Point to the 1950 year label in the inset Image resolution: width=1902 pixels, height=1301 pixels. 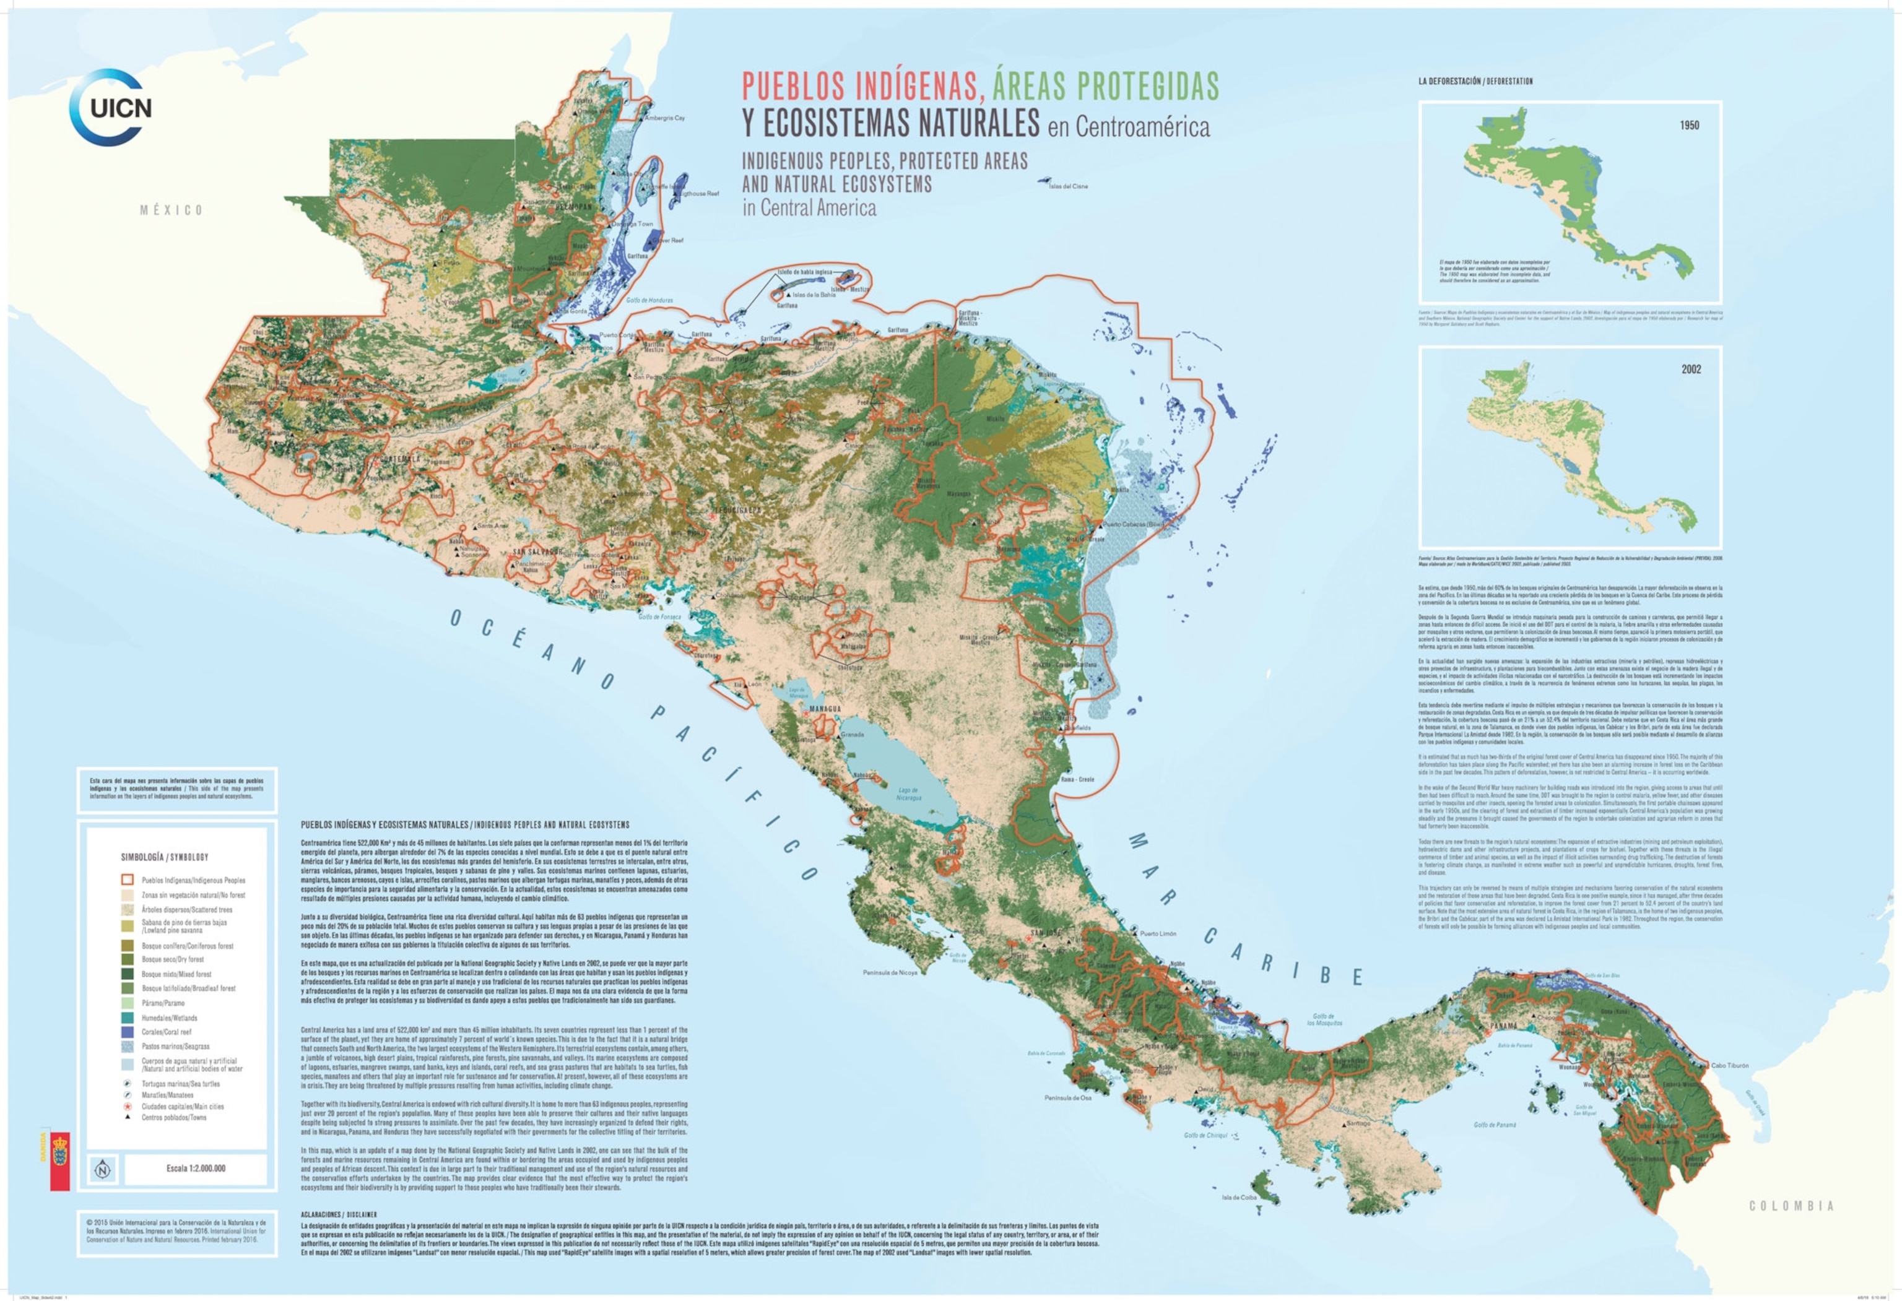click(1689, 125)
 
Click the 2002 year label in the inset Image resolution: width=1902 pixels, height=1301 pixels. click(1691, 369)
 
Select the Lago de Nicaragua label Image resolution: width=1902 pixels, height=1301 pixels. click(908, 793)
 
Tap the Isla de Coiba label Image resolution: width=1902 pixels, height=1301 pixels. click(1239, 1198)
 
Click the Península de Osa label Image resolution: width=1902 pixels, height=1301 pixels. click(1068, 1098)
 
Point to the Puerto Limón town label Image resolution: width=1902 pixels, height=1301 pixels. click(1158, 933)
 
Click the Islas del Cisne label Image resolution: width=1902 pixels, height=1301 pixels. click(1068, 186)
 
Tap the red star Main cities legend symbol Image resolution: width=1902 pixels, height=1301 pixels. click(128, 1106)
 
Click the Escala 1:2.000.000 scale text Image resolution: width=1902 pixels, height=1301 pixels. click(196, 1169)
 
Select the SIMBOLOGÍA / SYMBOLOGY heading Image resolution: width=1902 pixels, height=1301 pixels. click(165, 857)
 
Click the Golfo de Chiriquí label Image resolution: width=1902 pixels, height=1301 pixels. click(1205, 1135)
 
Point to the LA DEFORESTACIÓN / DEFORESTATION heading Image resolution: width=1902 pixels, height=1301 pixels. click(1475, 82)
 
